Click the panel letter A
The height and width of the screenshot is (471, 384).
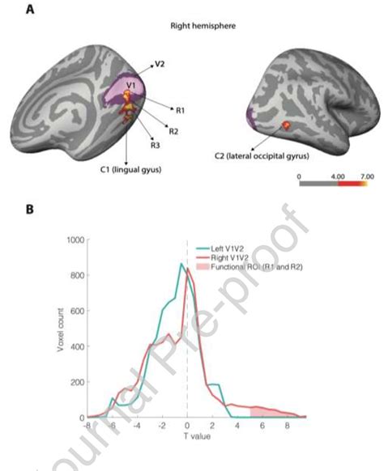(30, 10)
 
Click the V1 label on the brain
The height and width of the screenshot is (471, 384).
(130, 86)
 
